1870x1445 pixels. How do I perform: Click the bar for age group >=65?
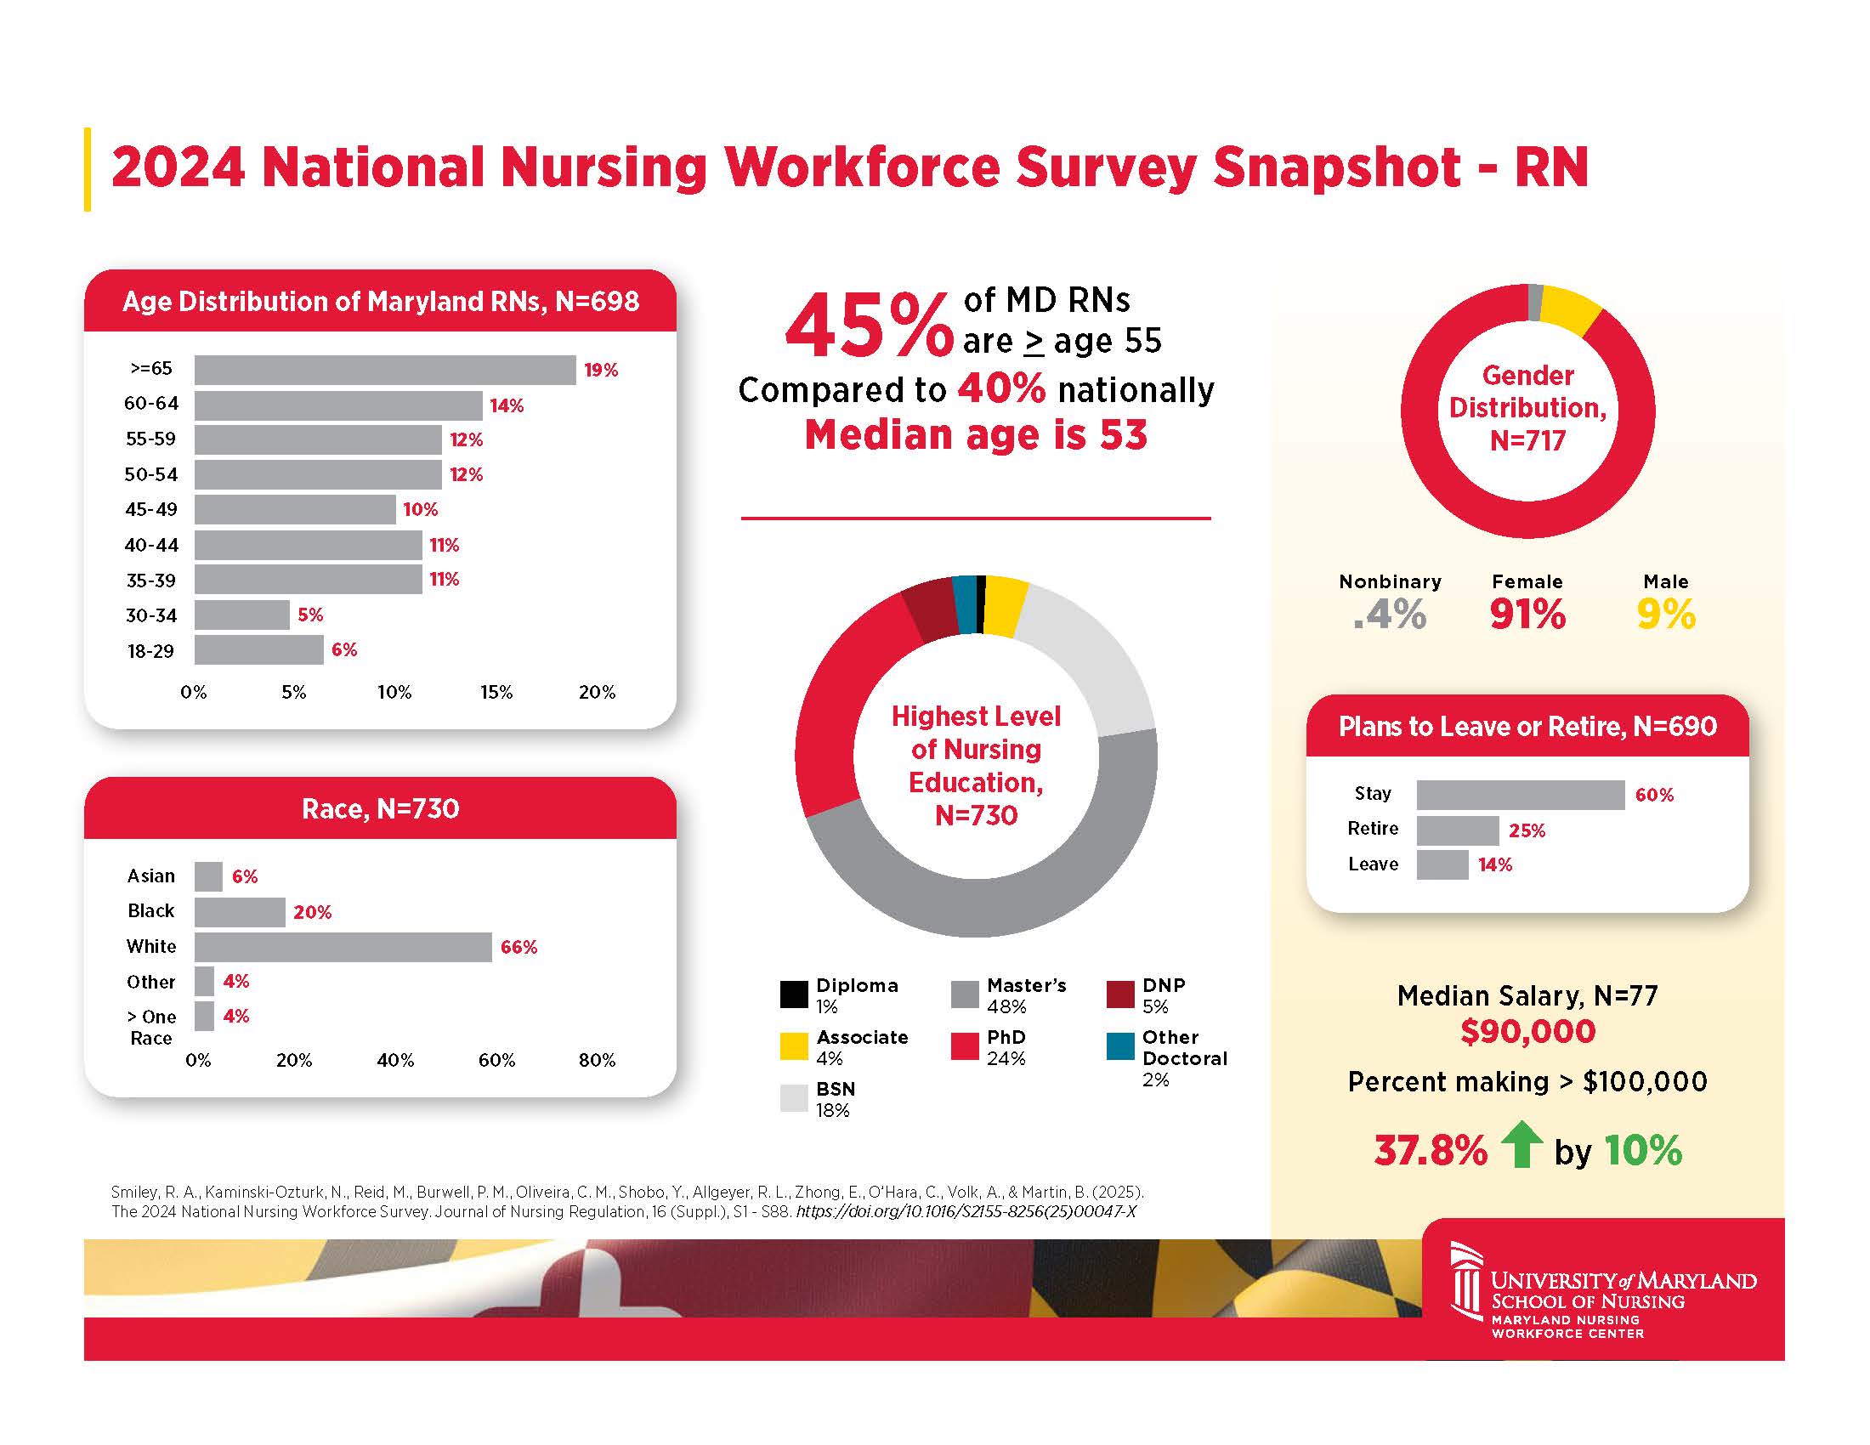(384, 370)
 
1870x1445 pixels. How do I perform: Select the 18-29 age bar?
(258, 649)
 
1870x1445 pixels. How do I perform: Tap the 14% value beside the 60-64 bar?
(506, 405)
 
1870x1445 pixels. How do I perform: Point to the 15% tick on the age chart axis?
(496, 692)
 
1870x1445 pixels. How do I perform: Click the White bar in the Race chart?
(343, 947)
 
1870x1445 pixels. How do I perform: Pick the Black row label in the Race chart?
(150, 911)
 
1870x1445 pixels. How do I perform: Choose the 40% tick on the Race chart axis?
(394, 1060)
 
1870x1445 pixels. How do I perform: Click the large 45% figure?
(868, 327)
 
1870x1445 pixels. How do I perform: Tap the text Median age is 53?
(975, 435)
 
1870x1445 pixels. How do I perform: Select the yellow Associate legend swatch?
(794, 1046)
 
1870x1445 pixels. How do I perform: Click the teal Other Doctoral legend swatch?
(1120, 1046)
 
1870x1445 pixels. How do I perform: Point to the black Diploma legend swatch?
(794, 994)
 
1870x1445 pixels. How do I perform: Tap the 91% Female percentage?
(1527, 614)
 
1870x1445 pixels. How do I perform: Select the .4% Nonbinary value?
(1390, 614)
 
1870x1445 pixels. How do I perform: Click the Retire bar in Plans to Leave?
(1457, 830)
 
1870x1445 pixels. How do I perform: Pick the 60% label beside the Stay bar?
(1653, 796)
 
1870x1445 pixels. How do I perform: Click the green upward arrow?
(1521, 1146)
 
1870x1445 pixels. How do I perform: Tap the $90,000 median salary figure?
(1527, 1031)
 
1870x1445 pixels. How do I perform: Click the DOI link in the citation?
(966, 1211)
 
